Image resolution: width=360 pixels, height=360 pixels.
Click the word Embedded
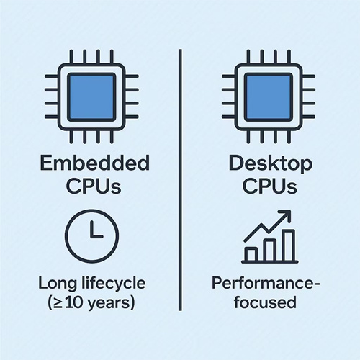(x=95, y=163)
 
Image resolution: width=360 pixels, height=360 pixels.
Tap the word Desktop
(x=271, y=164)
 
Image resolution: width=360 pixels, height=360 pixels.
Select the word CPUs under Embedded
(x=94, y=186)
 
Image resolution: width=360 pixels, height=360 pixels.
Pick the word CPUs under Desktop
(x=270, y=186)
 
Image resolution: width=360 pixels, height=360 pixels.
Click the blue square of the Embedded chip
(x=91, y=97)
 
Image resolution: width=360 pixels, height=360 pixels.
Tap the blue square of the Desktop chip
(x=269, y=97)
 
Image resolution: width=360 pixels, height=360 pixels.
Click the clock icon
(x=92, y=236)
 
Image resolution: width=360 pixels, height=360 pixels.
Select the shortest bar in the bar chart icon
(x=251, y=254)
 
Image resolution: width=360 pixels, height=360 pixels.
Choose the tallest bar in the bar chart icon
(x=289, y=246)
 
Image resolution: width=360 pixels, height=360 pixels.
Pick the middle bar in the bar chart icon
(x=270, y=250)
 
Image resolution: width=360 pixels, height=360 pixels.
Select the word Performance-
(x=266, y=283)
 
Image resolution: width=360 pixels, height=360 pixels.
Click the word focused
(x=265, y=302)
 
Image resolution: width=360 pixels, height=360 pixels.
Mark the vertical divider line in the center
(x=180, y=180)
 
